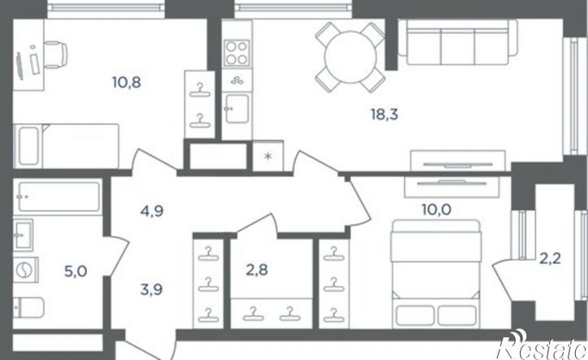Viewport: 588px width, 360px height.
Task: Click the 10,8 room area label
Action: pyautogui.click(x=127, y=82)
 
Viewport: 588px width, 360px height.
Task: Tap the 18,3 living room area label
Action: pyautogui.click(x=384, y=114)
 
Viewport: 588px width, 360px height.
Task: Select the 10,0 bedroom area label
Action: pyautogui.click(x=436, y=210)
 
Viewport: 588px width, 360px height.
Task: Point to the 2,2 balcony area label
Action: pyautogui.click(x=550, y=259)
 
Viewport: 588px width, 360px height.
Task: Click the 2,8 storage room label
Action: pyautogui.click(x=257, y=270)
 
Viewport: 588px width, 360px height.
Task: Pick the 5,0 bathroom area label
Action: pyautogui.click(x=75, y=271)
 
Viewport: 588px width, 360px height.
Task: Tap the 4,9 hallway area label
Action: pyautogui.click(x=152, y=212)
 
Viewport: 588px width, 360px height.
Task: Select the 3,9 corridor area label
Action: pyautogui.click(x=152, y=289)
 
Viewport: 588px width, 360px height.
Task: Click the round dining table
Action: pyautogui.click(x=350, y=57)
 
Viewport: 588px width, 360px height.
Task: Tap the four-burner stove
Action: pyautogui.click(x=237, y=53)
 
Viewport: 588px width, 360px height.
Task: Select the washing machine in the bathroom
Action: pyautogui.click(x=25, y=270)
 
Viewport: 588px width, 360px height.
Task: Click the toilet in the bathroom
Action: pyautogui.click(x=28, y=307)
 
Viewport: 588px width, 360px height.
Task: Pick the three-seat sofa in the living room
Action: pyautogui.click(x=457, y=42)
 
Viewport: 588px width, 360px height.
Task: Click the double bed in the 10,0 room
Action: pyautogui.click(x=436, y=274)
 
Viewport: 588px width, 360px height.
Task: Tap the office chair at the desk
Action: pyautogui.click(x=55, y=55)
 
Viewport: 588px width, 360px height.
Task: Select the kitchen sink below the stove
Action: pyautogui.click(x=237, y=109)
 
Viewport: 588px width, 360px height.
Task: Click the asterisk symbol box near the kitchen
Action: pyautogui.click(x=268, y=156)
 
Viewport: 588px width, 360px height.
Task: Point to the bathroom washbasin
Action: pyautogui.click(x=23, y=235)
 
